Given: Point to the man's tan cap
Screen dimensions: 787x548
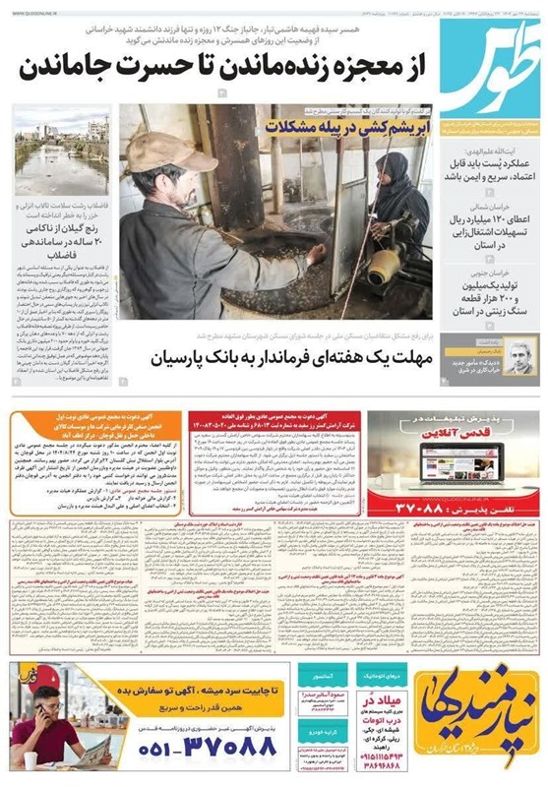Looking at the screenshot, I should (161, 153).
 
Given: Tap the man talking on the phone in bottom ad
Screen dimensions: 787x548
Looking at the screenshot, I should (44, 728).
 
